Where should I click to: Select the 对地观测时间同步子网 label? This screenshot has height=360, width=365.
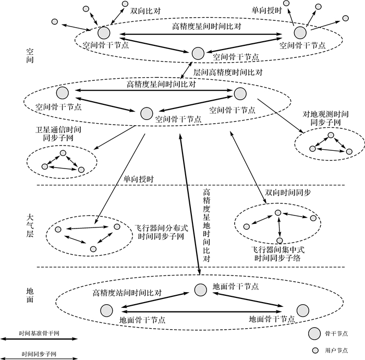[325, 118]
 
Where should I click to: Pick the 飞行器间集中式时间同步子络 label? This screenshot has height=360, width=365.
[277, 254]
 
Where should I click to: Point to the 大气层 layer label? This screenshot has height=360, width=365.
[30, 222]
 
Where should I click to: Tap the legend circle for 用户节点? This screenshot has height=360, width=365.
[314, 350]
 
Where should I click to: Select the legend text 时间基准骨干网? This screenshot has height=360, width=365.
[39, 333]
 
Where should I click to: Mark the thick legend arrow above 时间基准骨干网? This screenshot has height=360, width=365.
[39, 339]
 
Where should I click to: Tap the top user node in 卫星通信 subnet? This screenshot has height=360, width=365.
[63, 153]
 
